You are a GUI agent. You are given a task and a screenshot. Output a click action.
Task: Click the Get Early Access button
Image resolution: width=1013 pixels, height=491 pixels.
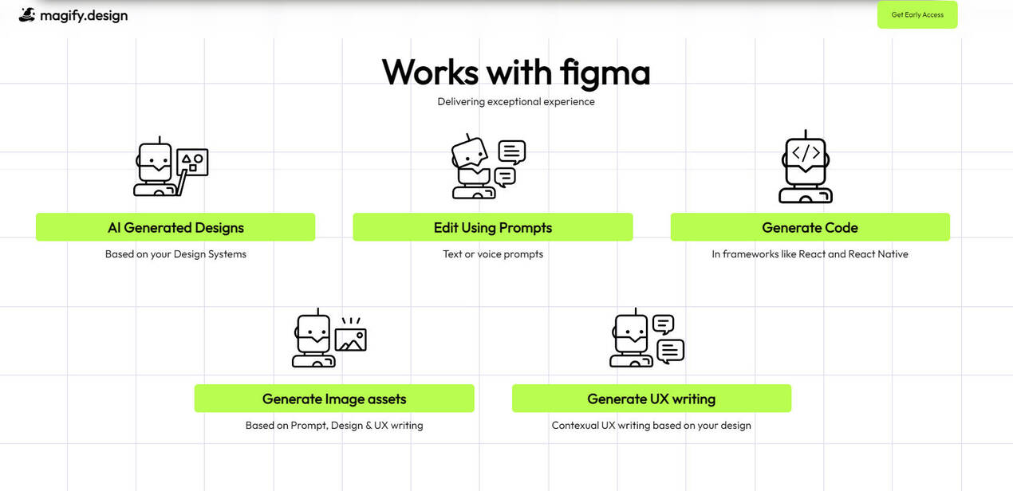[917, 15]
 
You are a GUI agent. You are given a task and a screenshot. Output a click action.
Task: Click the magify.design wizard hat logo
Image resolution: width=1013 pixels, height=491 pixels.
[27, 14]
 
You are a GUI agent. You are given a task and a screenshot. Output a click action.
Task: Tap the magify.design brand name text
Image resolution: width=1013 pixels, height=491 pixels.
[84, 15]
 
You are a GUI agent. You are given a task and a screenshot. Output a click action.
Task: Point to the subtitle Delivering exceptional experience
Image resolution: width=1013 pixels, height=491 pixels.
[516, 101]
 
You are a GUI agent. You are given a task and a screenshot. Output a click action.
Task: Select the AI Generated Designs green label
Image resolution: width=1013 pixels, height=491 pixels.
[175, 227]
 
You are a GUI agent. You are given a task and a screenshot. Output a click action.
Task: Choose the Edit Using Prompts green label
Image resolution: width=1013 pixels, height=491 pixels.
[493, 227]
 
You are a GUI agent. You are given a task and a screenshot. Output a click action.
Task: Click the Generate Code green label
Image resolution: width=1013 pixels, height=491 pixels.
[810, 227]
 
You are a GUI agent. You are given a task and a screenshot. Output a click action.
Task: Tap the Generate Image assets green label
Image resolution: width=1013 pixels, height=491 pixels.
[334, 399]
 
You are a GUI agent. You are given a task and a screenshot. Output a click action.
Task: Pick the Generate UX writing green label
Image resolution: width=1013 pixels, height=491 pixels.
[651, 399]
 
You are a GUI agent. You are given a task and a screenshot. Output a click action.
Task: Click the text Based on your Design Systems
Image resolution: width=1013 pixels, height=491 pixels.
[175, 254]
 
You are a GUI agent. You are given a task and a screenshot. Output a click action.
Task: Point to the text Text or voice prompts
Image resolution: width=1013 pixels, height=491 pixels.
[493, 254]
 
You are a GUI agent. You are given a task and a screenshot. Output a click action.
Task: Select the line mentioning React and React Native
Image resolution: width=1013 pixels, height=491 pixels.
[810, 254]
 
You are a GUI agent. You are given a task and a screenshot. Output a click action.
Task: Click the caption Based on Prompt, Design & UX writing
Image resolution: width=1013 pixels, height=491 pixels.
[334, 426]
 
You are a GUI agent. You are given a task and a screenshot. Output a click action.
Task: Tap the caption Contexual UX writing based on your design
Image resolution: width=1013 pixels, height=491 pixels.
[651, 426]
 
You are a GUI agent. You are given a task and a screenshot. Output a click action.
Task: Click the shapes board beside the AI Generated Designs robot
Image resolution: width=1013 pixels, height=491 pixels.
[192, 162]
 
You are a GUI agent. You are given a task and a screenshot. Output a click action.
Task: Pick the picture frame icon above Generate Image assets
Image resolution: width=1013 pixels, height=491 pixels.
[350, 339]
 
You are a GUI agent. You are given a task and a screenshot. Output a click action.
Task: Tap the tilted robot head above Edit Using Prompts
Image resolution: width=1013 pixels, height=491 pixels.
[471, 151]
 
